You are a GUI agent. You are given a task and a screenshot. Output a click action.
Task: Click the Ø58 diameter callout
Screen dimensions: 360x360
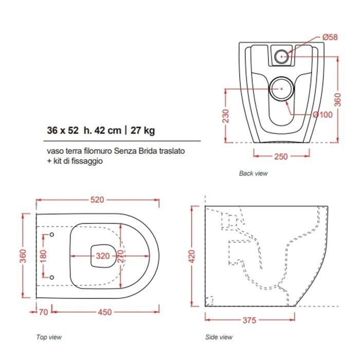[x=330, y=37]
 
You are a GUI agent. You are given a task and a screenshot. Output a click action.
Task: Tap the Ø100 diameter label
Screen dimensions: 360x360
[x=322, y=114]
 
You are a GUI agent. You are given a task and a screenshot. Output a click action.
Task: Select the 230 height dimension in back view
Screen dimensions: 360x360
[x=226, y=116]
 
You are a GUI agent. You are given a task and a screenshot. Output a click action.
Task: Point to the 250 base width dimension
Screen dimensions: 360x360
[x=281, y=156]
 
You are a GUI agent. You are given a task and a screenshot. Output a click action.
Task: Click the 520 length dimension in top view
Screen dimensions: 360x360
[x=97, y=200]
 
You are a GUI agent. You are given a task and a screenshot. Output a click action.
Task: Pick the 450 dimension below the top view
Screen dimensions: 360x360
[x=105, y=312]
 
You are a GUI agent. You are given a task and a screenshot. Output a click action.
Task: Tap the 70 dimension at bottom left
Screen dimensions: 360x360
[x=43, y=312]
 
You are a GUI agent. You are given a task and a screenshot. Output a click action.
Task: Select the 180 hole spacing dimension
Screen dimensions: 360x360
[x=43, y=256]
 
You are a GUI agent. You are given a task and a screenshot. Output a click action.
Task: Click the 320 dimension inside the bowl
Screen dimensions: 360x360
[x=103, y=256]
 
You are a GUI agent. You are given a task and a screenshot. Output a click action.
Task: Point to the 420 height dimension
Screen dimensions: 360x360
[x=191, y=257]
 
